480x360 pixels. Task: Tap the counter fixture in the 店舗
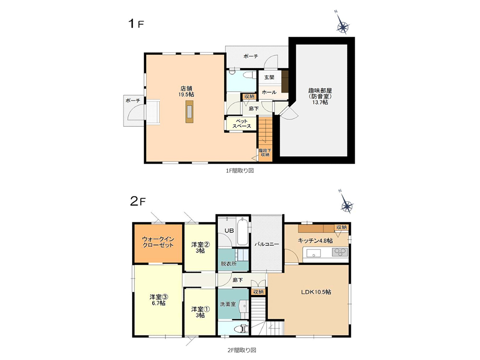pos(190,111)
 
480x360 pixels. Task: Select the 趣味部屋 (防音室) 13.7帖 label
pos(320,96)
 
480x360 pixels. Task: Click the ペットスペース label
pos(241,123)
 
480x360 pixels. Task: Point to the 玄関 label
pos(269,77)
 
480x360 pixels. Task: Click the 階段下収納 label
pos(265,153)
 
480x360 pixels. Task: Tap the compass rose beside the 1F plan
pos(343,27)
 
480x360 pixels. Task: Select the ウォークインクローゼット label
pos(158,242)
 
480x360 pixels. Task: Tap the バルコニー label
pos(267,244)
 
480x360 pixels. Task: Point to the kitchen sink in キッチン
pos(312,253)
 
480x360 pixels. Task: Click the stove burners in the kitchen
pos(340,252)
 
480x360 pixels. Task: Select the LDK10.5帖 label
pos(316,292)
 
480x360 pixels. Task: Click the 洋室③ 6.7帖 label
pos(158,300)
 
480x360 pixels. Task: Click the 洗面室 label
pos(228,304)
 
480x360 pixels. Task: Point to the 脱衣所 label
pos(228,264)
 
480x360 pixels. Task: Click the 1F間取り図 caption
pos(240,170)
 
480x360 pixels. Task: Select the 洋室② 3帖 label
pos(200,248)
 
